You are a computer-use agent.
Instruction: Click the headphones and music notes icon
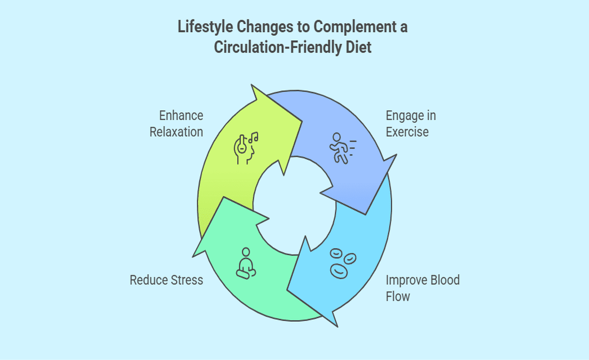click(x=246, y=148)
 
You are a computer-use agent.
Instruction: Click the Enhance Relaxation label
click(x=176, y=124)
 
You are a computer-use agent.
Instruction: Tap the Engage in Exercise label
click(x=411, y=124)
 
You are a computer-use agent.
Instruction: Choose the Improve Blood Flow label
click(x=422, y=288)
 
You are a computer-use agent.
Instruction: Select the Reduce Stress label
click(x=166, y=280)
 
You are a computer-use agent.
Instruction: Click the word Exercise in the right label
click(x=407, y=132)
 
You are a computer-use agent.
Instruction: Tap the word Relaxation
click(x=176, y=132)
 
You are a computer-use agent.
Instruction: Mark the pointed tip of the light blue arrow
click(x=336, y=325)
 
